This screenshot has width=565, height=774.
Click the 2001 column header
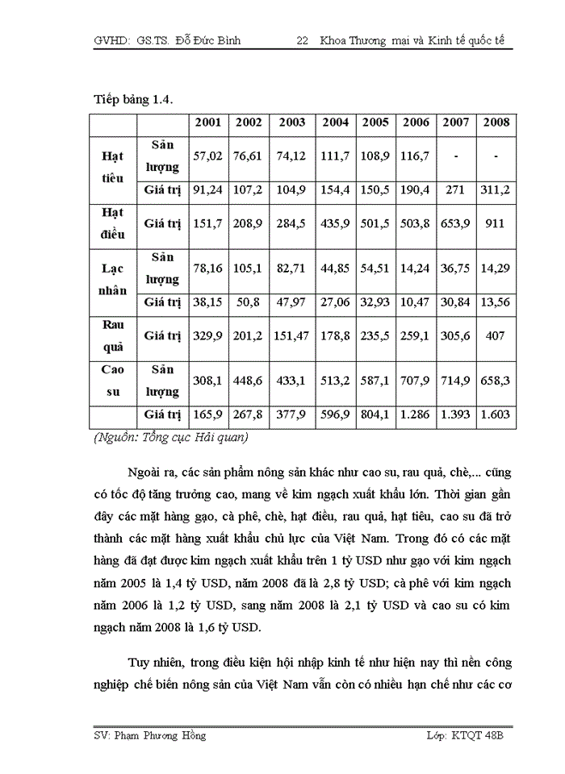[207, 123]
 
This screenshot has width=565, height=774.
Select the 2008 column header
[496, 123]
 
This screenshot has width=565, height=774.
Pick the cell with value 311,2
[496, 191]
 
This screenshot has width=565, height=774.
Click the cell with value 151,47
[292, 335]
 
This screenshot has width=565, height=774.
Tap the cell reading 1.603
[496, 416]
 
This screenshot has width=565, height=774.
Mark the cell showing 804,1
[375, 416]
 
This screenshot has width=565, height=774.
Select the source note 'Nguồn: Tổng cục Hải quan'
[170, 438]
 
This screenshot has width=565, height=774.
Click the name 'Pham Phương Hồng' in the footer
[159, 735]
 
